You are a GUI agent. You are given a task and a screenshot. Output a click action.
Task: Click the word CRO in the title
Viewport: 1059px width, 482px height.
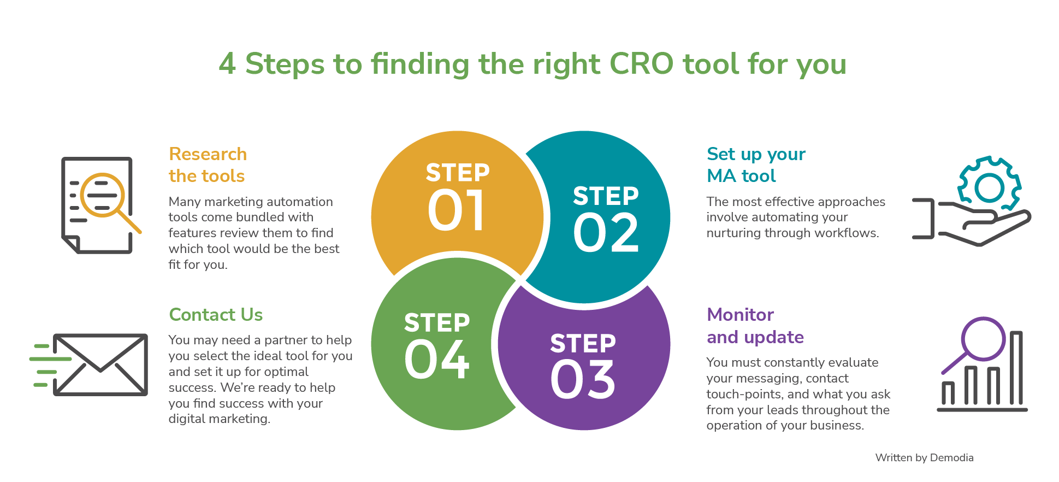(641, 64)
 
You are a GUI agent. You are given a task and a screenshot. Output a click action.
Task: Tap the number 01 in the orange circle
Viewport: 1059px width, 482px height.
(457, 211)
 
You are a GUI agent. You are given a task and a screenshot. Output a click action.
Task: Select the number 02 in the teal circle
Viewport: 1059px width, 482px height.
(606, 233)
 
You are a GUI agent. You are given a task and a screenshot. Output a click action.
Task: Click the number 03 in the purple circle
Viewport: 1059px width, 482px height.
(583, 380)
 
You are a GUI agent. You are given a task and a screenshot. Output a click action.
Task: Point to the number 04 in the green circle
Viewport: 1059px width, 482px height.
(437, 360)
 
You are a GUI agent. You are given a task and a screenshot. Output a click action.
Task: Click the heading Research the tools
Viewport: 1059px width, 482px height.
(208, 165)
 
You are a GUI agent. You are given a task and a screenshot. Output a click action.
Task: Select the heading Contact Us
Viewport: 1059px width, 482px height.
(216, 315)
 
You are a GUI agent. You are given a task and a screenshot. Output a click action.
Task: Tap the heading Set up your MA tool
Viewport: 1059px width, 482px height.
(756, 165)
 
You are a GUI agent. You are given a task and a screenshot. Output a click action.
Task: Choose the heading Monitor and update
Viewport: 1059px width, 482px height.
(755, 326)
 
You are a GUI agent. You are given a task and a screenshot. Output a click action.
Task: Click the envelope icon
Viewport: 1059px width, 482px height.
(100, 365)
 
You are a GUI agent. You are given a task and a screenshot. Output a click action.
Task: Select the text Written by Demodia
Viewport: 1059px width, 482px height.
(924, 458)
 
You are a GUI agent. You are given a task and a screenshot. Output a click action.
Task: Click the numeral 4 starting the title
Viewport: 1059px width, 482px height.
(227, 64)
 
